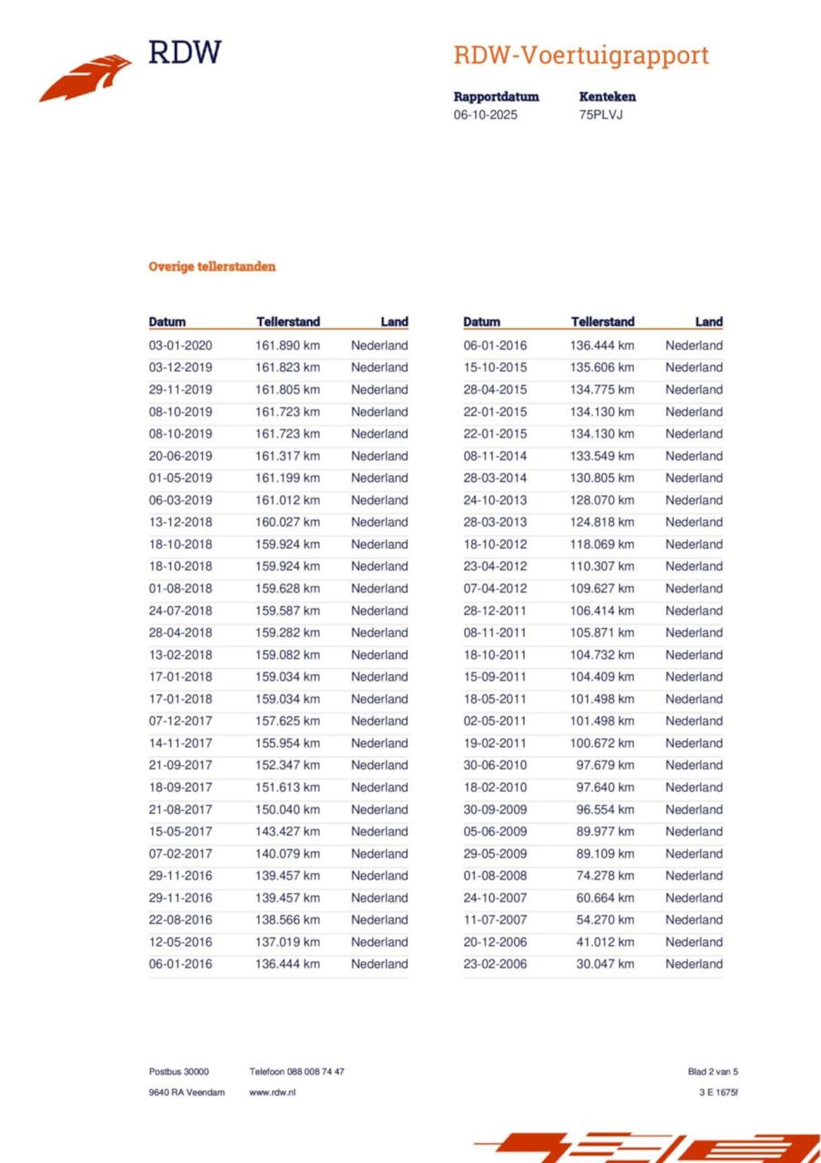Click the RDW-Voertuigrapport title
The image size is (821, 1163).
point(581,55)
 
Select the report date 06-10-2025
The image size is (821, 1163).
point(485,115)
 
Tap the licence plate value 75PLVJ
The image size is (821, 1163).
point(600,115)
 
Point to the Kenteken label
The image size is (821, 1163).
point(607,97)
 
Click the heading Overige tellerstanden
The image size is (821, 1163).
point(212,266)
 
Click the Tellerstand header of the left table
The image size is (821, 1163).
point(288,322)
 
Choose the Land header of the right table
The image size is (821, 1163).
point(709,322)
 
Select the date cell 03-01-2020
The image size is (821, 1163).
point(180,345)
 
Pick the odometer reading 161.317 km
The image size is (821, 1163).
point(287,456)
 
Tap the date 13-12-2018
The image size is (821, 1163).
point(180,522)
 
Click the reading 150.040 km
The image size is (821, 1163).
point(287,809)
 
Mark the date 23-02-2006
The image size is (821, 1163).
point(495,964)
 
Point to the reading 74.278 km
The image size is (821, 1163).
point(605,875)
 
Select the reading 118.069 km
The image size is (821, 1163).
point(602,544)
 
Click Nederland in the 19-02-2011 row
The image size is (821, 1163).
point(693,743)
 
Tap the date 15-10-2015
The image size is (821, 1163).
point(495,367)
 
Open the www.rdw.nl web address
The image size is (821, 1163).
point(273,1092)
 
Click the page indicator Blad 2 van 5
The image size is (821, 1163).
point(713,1071)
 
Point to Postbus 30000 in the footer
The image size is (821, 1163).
point(179,1071)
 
